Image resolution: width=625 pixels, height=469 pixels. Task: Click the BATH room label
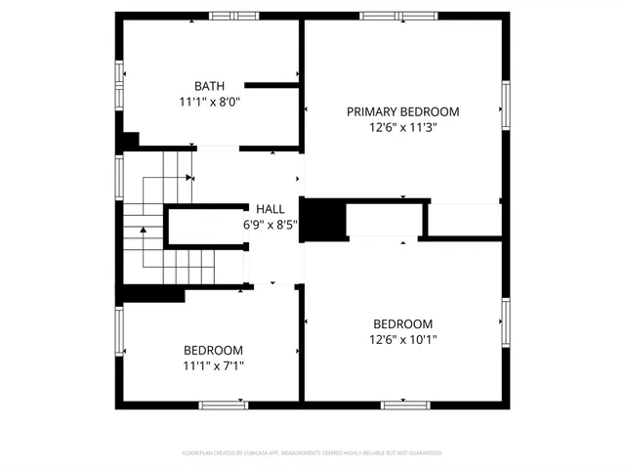click(209, 86)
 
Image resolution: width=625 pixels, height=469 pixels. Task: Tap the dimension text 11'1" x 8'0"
click(209, 102)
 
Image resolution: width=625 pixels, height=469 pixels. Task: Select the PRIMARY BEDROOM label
click(402, 111)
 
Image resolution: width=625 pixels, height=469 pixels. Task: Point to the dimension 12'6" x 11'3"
click(402, 127)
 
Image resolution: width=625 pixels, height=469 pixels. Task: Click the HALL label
click(271, 209)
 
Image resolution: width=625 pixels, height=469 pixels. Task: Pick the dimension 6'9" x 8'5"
click(271, 225)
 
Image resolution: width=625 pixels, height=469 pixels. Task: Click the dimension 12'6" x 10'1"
click(402, 340)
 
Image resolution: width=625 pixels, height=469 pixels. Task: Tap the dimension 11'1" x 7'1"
click(214, 366)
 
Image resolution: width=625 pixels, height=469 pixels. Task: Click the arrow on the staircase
click(144, 231)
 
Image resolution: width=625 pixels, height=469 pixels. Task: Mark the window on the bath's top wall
click(234, 16)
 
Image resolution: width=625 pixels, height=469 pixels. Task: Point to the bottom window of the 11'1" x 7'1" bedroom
click(224, 405)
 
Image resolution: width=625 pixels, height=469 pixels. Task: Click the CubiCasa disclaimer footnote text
click(312, 453)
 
